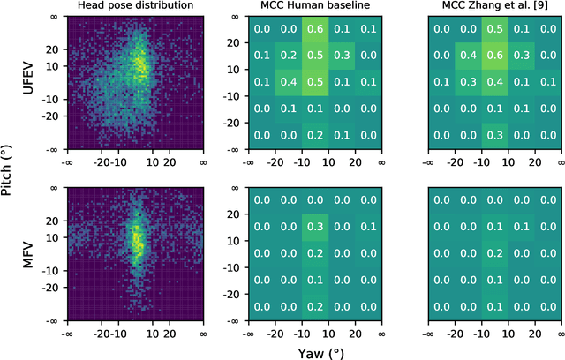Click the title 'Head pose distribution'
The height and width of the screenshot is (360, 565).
135,8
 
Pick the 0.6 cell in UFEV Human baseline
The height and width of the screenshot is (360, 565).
315,30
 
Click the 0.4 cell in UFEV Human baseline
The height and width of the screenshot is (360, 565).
288,83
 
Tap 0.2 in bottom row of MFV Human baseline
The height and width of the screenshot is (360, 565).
315,306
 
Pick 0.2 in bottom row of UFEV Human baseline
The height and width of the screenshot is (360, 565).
315,135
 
